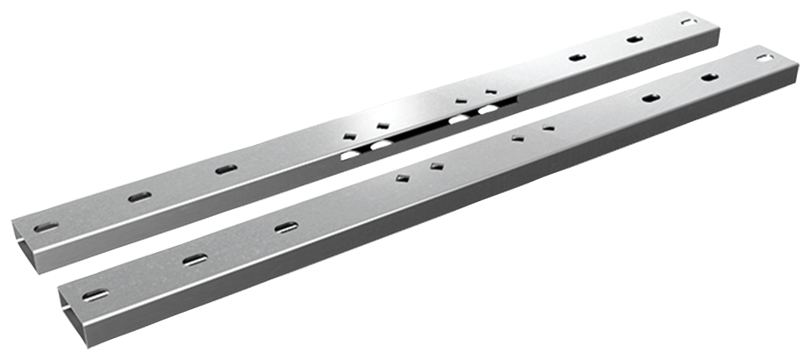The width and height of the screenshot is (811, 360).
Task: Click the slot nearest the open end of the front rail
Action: coord(97,292)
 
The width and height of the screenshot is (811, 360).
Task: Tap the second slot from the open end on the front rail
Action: coord(195,259)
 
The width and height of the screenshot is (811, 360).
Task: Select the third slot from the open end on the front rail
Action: coord(286,227)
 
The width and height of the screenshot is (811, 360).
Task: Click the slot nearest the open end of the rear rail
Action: coord(47,227)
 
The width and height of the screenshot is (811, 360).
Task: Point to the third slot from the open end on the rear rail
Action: coord(226,169)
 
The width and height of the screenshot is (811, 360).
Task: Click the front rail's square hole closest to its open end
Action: coord(403,178)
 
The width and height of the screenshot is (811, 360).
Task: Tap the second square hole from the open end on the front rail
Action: coord(435,165)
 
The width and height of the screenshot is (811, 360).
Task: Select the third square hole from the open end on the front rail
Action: coord(518,138)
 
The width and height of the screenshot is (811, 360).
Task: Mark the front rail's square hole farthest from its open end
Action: coord(549,128)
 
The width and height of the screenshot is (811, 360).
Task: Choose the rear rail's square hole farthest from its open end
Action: coord(490,90)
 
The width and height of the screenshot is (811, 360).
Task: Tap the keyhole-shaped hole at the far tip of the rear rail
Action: coord(689,20)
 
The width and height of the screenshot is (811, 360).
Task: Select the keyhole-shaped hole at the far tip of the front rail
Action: coord(765,58)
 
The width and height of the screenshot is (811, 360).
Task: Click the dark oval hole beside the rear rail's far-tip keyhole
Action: coord(635,39)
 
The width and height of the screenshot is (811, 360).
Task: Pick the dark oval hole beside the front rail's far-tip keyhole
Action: coord(709,77)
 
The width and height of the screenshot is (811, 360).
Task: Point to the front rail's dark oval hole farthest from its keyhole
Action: coord(651,97)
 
